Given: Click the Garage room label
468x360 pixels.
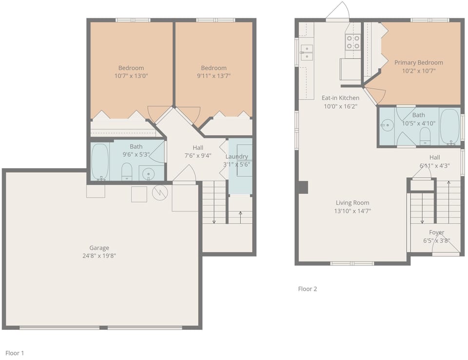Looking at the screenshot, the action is [99, 248].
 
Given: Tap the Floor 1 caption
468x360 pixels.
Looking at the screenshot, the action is [15, 353].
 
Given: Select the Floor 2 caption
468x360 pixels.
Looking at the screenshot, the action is [308, 289].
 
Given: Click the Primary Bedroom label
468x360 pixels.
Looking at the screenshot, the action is [418, 63].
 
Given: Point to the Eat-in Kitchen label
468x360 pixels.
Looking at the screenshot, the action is [340, 98].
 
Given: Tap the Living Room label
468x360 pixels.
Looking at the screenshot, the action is [352, 203].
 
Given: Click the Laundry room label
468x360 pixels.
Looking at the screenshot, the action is [237, 156].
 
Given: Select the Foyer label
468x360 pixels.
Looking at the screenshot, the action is [436, 232].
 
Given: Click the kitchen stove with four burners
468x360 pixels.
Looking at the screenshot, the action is [353, 42].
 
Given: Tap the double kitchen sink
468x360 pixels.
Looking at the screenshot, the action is [307, 53].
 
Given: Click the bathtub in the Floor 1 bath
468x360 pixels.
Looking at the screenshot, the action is [99, 162].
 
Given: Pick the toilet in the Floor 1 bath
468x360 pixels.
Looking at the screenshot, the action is [127, 171].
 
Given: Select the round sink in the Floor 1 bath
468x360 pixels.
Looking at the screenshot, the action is [148, 173].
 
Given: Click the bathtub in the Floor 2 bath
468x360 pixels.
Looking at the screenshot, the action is [450, 127].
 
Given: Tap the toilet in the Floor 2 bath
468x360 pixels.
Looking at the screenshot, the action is [425, 136].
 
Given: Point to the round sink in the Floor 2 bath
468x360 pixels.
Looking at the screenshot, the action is [388, 125].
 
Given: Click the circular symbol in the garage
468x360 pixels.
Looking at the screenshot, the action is [160, 193].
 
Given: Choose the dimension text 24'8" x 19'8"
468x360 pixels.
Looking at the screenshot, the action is [99, 256].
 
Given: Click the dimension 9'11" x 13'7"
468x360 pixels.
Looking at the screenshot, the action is [214, 76].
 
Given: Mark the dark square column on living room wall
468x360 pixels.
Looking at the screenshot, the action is [303, 188].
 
